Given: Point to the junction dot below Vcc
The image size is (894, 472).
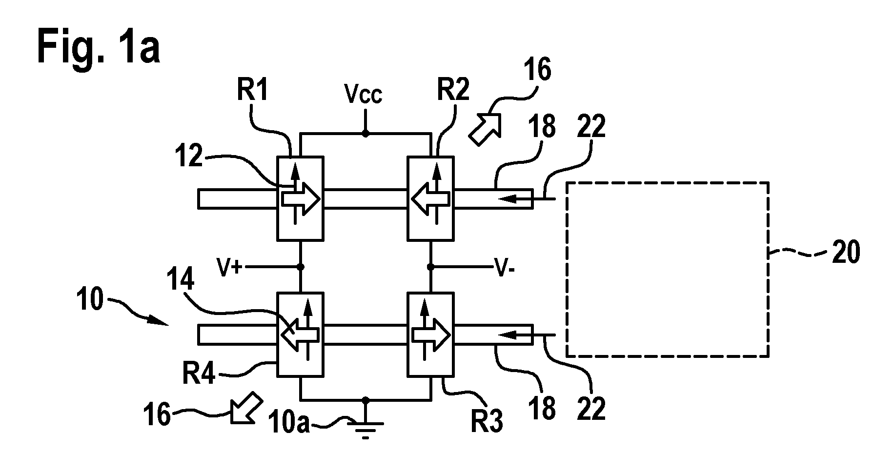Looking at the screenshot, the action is coord(365,133).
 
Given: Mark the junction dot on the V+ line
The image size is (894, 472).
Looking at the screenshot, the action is coord(301,267).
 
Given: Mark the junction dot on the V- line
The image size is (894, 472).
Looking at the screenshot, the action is coord(430,267).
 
